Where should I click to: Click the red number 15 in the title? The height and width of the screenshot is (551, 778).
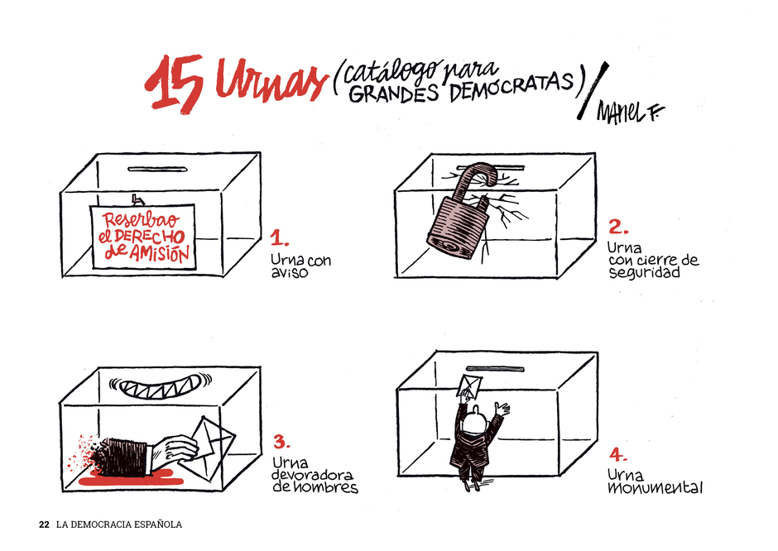[174, 84]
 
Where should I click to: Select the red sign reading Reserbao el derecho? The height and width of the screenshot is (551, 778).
[143, 237]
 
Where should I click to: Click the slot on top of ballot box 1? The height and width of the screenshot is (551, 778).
[157, 170]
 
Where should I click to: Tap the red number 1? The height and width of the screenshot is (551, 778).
[280, 238]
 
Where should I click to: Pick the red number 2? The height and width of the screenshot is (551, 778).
[618, 228]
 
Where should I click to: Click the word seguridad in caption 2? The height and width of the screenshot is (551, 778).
[645, 272]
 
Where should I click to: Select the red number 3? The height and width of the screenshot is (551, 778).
[281, 442]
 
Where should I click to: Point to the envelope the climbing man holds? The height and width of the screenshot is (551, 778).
[470, 387]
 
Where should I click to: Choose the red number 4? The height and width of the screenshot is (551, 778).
[618, 454]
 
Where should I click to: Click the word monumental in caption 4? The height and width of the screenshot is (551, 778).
[655, 488]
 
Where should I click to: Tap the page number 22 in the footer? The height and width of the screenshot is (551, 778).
[44, 525]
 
